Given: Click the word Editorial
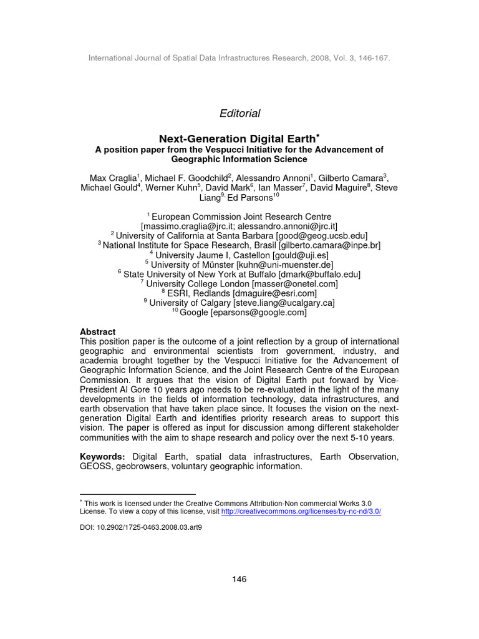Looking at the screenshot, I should pos(239,114).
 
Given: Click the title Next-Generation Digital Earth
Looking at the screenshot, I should pos(237,138).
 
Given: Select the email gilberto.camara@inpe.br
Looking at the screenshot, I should pos(329,245).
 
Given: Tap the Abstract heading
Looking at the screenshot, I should pos(98,332).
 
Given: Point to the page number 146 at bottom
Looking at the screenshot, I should pos(239,579).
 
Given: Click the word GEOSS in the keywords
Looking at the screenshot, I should pos(95,467).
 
